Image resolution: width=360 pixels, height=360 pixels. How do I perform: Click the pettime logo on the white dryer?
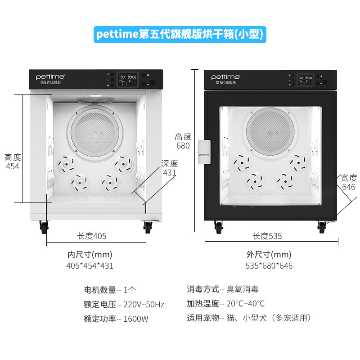51,77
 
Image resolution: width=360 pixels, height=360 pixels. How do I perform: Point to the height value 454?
12,166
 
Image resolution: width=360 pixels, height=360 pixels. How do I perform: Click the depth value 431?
170,172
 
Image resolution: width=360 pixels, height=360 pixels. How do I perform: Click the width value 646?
348,187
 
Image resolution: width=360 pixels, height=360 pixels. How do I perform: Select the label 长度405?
92,236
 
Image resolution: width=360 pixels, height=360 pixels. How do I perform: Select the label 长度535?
267,236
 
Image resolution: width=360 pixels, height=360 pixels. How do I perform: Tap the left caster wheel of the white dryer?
44,227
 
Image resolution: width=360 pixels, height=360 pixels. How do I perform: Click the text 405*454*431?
90,265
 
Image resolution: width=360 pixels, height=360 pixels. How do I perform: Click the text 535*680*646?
269,265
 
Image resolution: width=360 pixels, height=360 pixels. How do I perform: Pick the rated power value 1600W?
135,319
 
